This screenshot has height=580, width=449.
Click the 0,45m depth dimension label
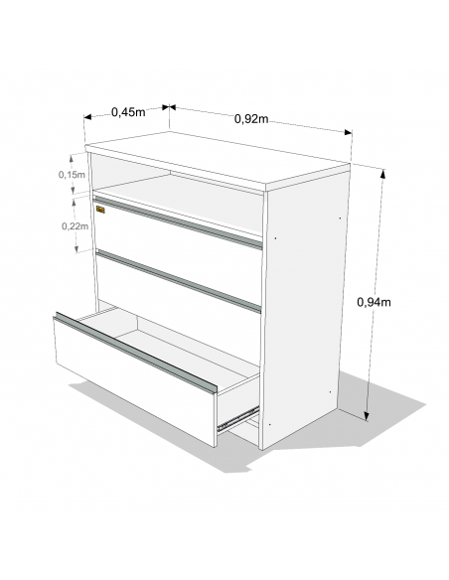tap(128, 111)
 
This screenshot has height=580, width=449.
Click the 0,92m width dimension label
tap(251, 119)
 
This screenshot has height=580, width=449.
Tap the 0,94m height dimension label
tap(374, 302)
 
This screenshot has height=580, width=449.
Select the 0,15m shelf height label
tap(72, 175)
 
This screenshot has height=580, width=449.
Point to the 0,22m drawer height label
tap(75, 226)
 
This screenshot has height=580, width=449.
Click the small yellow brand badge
tap(100, 210)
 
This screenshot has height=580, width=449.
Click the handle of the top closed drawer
tap(178, 222)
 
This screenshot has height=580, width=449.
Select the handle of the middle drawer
tap(179, 281)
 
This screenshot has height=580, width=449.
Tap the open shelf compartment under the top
tap(177, 193)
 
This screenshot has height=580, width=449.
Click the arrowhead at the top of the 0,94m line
tap(382, 174)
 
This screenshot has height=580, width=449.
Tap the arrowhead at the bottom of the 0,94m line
tap(367, 416)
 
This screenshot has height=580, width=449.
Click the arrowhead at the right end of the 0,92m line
tap(348, 132)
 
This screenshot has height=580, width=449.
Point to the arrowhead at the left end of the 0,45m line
tap(87, 117)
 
